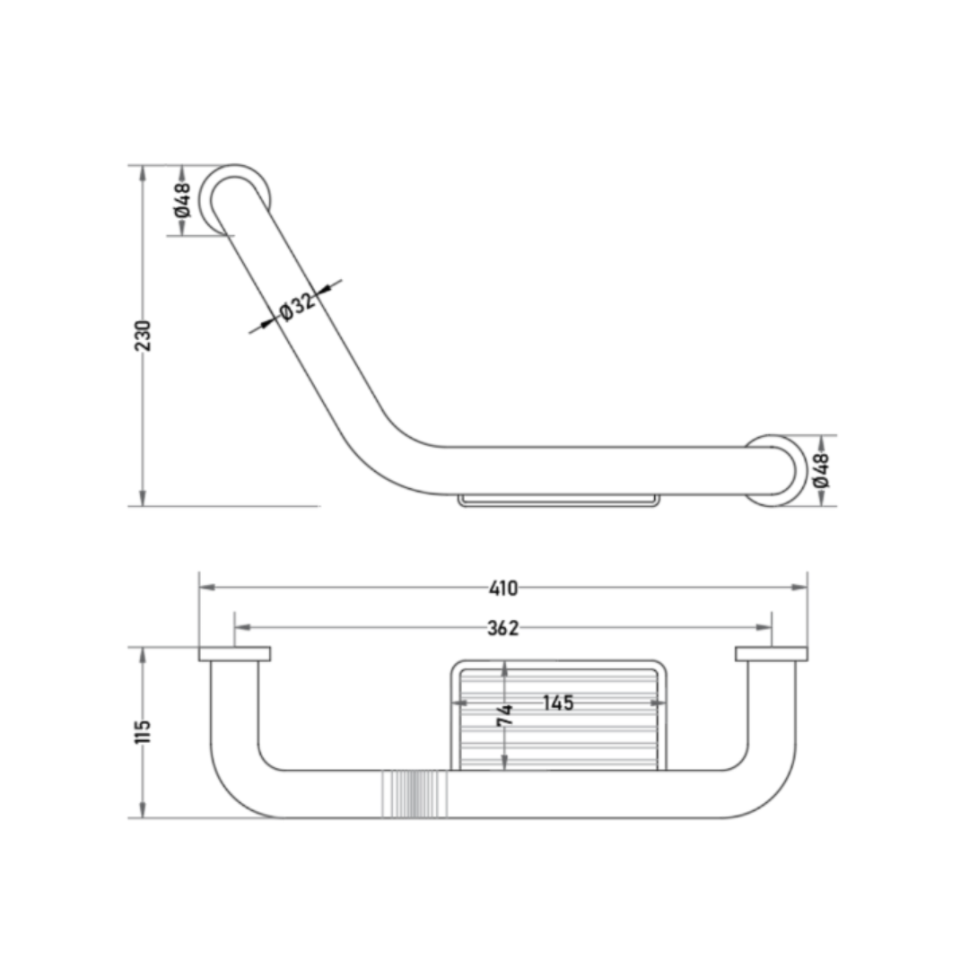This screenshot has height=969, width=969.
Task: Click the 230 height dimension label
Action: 143,336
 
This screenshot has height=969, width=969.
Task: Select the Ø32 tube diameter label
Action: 298,305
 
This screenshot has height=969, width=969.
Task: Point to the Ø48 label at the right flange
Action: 822,470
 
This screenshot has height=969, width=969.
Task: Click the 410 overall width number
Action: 503,589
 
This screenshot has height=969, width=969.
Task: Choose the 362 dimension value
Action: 503,628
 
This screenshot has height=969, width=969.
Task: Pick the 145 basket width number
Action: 558,703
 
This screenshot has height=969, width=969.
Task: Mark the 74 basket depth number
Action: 505,714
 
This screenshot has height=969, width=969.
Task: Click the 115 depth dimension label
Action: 143,732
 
